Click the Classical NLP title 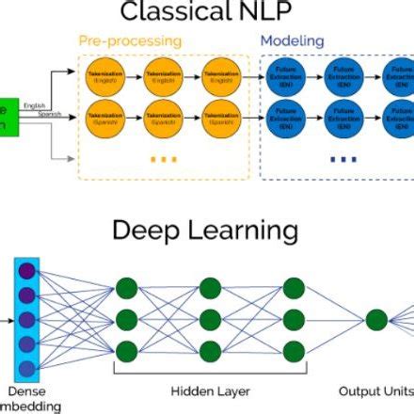tap(205, 13)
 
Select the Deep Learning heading tap(205, 231)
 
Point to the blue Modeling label tap(292, 41)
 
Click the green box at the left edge tap(8, 117)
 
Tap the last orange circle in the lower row tap(221, 120)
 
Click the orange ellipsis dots tap(163, 159)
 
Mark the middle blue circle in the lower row tap(342, 120)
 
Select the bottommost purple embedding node tap(26, 368)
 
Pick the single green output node tap(376, 320)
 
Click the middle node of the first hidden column tap(128, 320)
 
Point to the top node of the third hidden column tap(294, 288)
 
